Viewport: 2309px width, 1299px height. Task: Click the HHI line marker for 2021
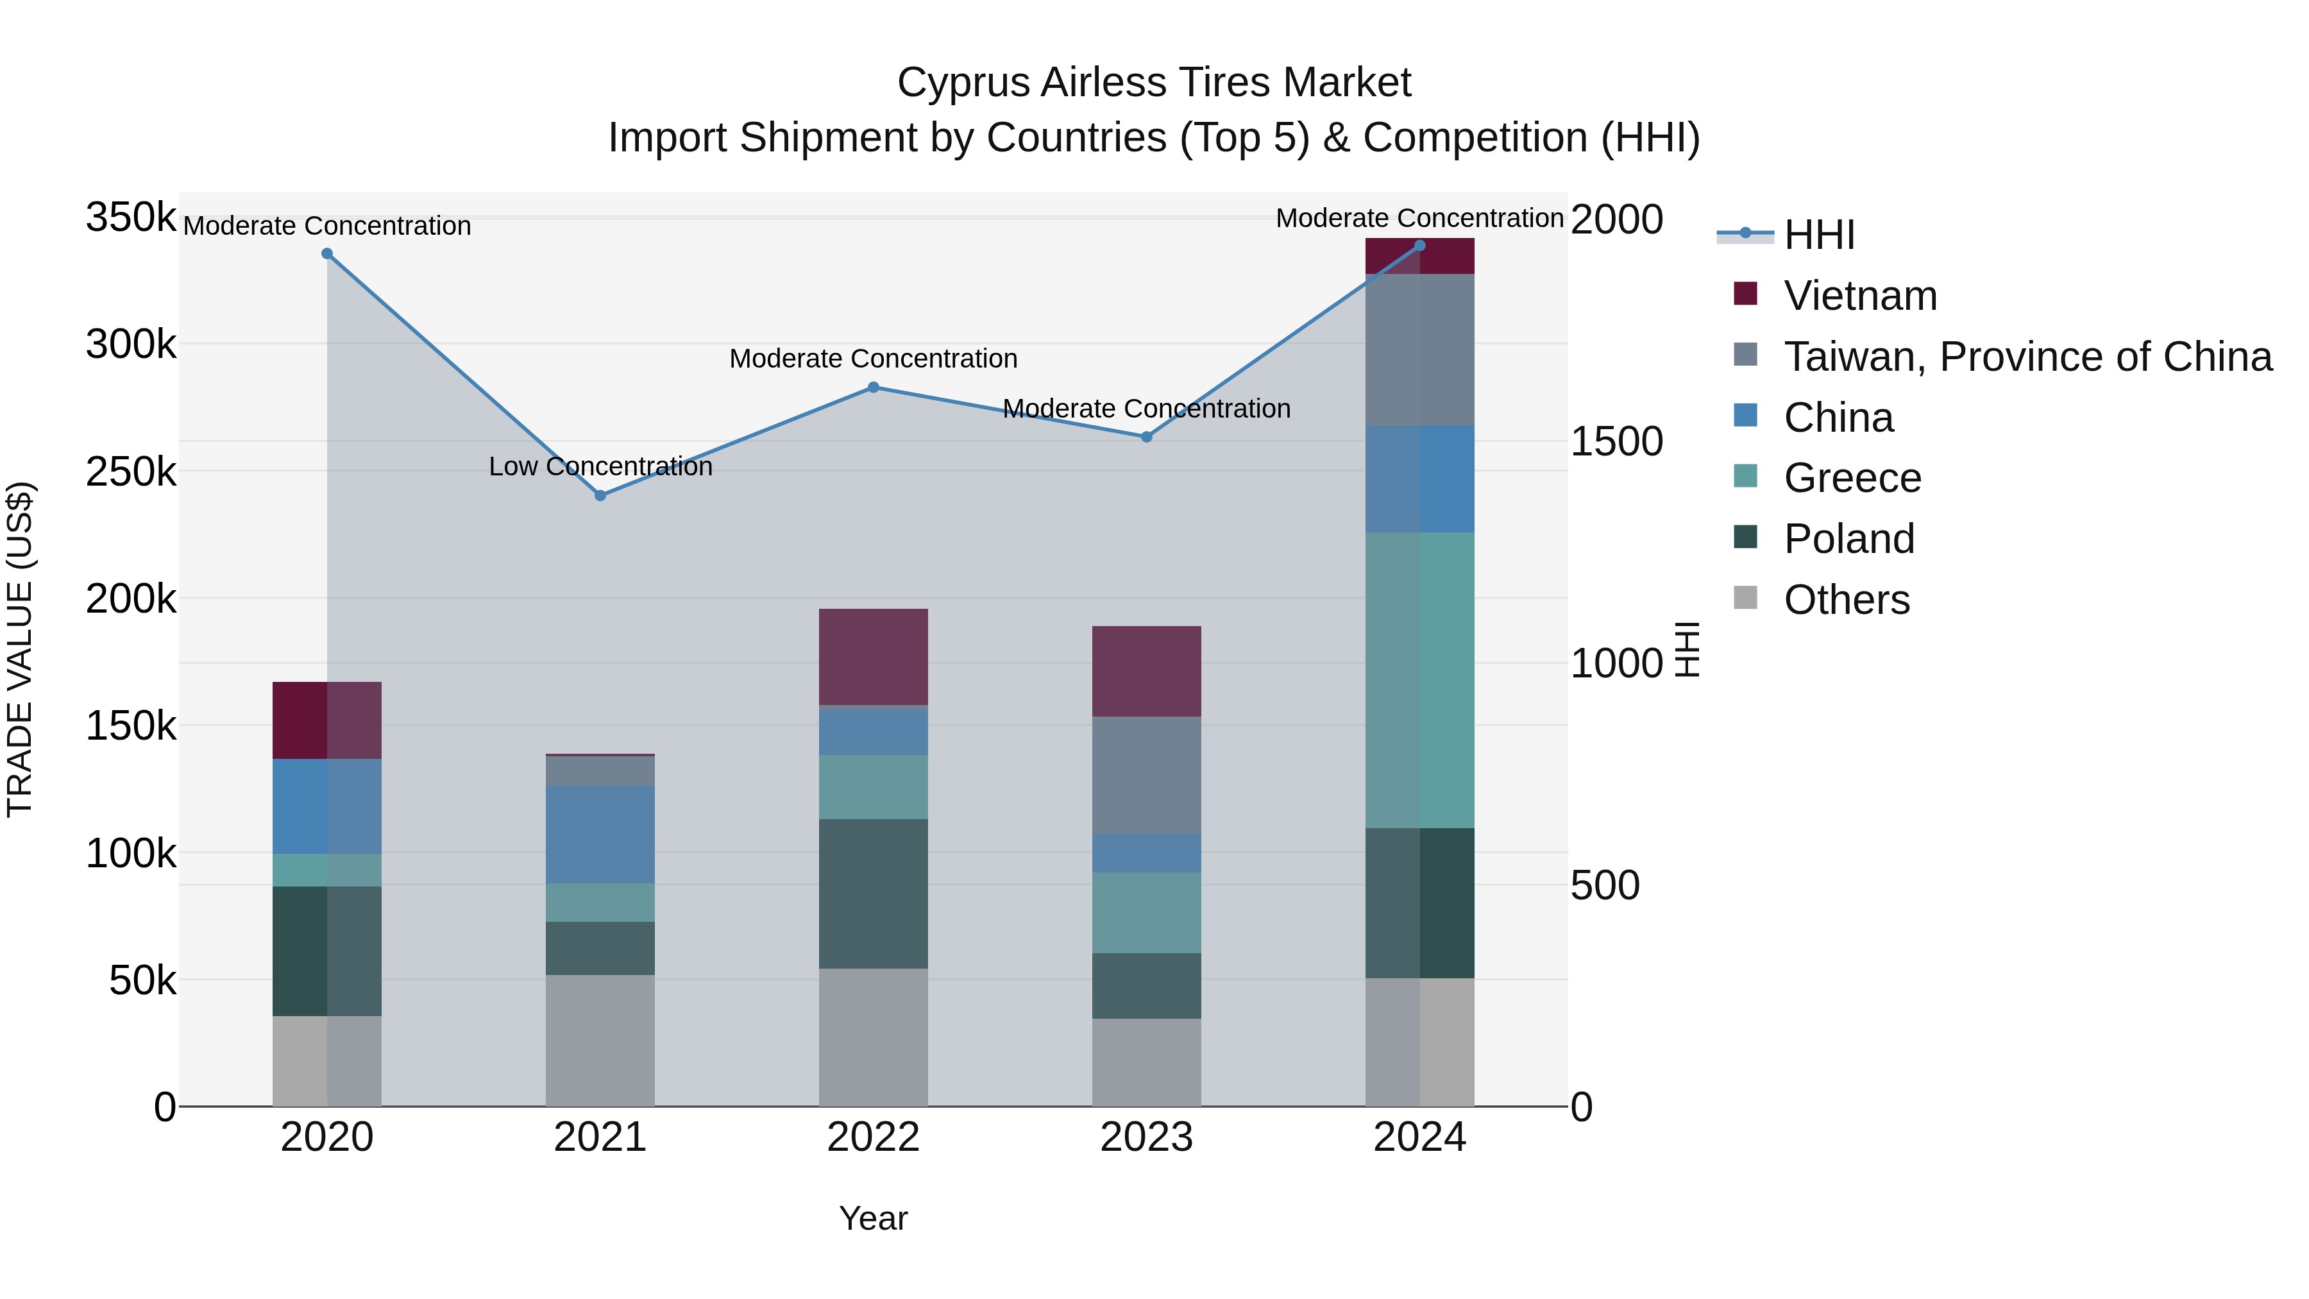pos(600,496)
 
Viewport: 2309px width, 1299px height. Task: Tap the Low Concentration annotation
pos(600,466)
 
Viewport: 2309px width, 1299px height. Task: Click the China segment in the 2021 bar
pos(600,834)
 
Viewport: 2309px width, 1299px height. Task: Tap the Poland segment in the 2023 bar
pos(1146,985)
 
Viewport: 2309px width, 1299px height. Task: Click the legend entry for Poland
pos(1848,539)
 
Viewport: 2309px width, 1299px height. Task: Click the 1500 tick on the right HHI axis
pos(1616,441)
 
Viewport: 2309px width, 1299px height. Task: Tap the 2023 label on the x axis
pos(1146,1137)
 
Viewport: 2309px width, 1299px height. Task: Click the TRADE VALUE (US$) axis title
pos(20,649)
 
